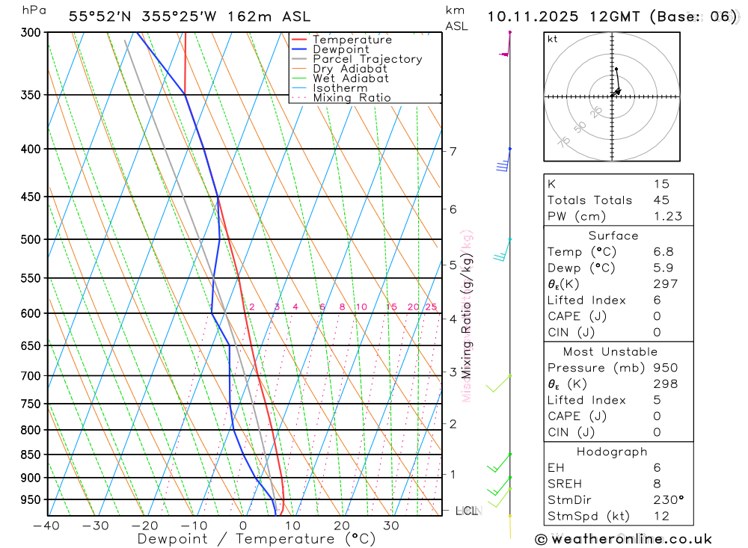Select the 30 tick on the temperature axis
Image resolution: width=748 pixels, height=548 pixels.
click(x=391, y=526)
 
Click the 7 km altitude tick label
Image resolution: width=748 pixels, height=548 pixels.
click(x=453, y=151)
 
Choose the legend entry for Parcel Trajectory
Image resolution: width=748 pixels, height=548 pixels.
click(x=367, y=59)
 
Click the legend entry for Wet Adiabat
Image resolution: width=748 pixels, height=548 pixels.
click(x=351, y=78)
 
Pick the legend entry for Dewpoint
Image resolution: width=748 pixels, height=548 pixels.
click(x=341, y=49)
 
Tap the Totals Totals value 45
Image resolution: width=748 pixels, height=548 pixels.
click(x=661, y=200)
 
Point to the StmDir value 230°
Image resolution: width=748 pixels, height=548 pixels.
click(x=668, y=499)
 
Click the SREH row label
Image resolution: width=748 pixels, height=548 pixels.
click(x=565, y=483)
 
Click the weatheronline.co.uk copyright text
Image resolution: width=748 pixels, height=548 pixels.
click(x=623, y=538)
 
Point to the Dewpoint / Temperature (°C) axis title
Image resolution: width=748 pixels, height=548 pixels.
click(x=257, y=538)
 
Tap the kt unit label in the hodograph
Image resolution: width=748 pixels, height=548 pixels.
click(x=553, y=39)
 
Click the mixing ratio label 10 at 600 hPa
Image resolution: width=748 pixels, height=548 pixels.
click(x=361, y=307)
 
